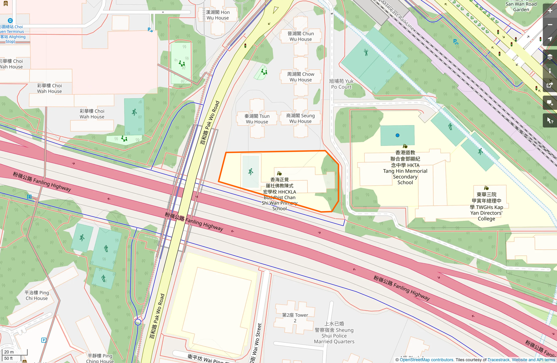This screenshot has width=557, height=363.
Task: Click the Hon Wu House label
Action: point(218,15)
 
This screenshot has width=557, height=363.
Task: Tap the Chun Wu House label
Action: point(301,36)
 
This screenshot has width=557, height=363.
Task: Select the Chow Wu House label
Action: point(301,77)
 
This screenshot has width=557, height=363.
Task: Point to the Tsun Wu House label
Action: point(257,119)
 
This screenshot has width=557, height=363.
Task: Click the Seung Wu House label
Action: point(300,118)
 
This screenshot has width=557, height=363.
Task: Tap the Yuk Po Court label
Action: point(341,84)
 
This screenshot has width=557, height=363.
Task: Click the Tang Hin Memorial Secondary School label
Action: point(405,167)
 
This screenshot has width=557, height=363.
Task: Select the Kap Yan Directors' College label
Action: point(486,207)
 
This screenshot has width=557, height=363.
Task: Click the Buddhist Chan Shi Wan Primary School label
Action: point(279,194)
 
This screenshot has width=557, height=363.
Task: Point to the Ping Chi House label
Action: point(37,295)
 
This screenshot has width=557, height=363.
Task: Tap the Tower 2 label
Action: point(295,318)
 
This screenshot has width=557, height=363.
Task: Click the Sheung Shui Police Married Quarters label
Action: point(334,333)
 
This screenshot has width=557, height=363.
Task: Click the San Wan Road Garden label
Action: point(521,6)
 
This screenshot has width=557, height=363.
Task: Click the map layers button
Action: point(550,57)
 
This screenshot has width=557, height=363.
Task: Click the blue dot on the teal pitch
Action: point(397,135)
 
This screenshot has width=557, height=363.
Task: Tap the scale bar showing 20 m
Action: point(14,352)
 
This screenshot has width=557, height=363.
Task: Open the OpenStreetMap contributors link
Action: point(426,360)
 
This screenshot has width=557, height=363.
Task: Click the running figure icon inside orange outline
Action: point(251,172)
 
